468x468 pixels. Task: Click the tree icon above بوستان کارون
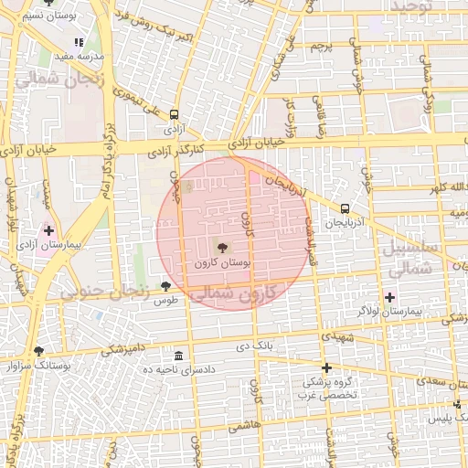tap(222, 246)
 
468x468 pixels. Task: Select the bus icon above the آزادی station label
tap(174, 114)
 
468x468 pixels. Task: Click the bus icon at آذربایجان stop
tap(344, 208)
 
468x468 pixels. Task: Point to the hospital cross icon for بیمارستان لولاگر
tap(390, 296)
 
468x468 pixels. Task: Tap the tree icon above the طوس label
tap(165, 286)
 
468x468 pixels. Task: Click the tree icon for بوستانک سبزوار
tap(37, 350)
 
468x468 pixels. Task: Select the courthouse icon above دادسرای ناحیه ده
tap(177, 355)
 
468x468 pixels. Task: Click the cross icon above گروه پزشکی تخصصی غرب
tap(326, 367)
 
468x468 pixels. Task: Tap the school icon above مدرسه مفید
tap(79, 41)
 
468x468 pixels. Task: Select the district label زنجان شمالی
tap(47, 80)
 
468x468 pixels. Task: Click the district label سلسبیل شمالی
tap(413, 259)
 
